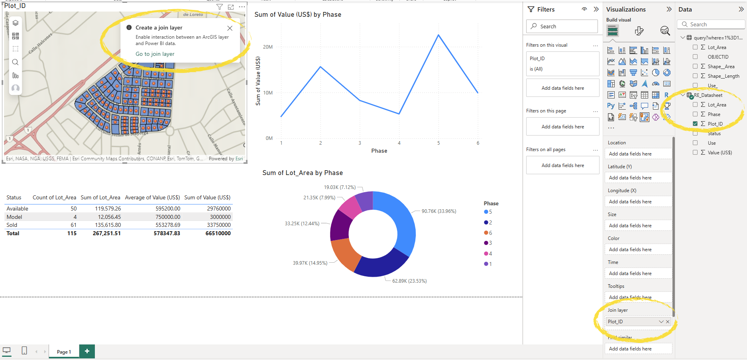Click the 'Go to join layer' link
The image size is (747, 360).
coord(155,54)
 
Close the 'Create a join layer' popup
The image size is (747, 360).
coord(230,28)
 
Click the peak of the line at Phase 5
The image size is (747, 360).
coord(438,35)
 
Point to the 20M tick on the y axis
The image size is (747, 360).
coord(267,47)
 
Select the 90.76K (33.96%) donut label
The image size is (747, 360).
coord(438,211)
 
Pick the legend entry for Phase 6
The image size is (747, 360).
coord(488,233)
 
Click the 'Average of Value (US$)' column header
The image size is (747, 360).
coord(152,197)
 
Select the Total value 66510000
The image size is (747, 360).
coord(218,233)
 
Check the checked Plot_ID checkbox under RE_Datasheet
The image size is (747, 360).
coord(695,124)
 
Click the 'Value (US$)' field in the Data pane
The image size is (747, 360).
coord(719,152)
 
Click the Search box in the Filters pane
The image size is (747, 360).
coord(562,26)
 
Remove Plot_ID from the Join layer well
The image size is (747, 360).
coord(668,322)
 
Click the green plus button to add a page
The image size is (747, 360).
coord(87,351)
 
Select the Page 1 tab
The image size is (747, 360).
coord(64,352)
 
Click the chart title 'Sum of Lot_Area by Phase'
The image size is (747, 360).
coord(302,173)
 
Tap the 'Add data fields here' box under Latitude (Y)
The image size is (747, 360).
coord(638,178)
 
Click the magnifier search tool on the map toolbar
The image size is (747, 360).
coord(15,62)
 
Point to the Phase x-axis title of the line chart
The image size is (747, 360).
coord(379,151)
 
